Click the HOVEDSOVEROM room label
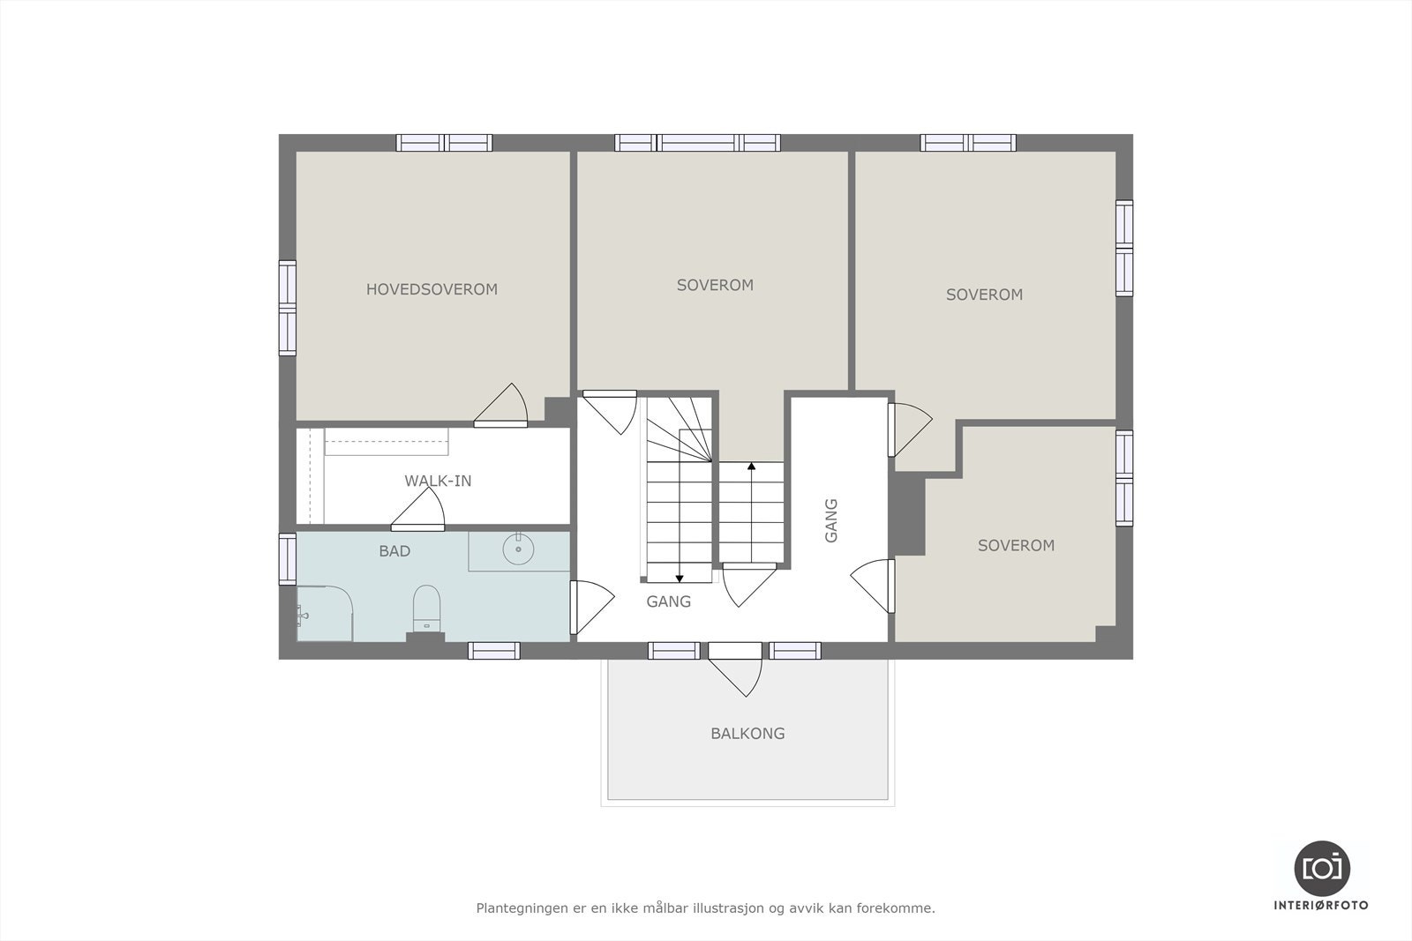(432, 289)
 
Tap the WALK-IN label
(438, 481)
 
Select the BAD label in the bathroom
(394, 551)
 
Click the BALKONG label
(747, 733)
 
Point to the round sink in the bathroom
(518, 549)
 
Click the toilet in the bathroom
(426, 607)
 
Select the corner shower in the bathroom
(324, 614)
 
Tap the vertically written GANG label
(830, 520)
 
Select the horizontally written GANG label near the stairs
(668, 601)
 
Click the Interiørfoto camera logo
(1321, 867)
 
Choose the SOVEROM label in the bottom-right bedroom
(1016, 546)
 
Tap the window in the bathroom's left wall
(288, 559)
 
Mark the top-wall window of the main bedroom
(444, 143)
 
